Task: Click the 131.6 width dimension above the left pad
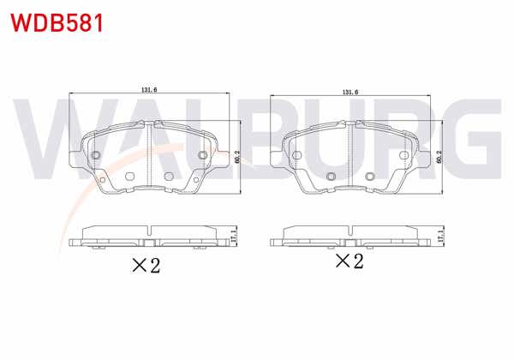[151, 88]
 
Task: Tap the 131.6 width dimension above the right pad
[350, 91]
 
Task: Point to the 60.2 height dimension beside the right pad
[439, 156]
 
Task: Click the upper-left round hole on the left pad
[96, 155]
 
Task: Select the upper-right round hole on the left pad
[203, 155]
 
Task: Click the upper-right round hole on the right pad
[403, 155]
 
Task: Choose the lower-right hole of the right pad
[369, 177]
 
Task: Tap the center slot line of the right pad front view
[351, 154]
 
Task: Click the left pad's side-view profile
[150, 237]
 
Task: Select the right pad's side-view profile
[351, 237]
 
